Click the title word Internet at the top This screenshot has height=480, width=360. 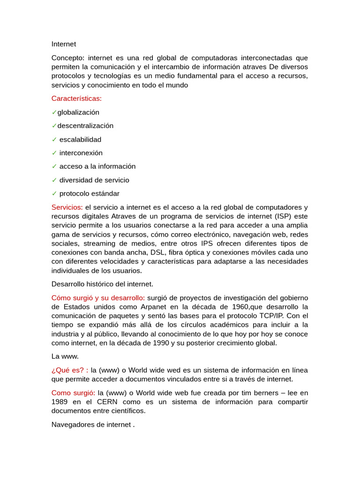point(63,44)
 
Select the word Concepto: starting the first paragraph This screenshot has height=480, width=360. point(67,58)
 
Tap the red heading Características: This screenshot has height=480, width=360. point(76,98)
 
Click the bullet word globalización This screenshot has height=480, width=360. point(78,112)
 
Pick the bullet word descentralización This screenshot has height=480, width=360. point(85,126)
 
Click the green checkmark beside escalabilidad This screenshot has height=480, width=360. point(54,140)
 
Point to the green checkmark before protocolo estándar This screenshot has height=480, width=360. point(54,194)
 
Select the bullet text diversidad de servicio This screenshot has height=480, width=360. point(94,180)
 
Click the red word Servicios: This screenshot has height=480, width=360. point(67,207)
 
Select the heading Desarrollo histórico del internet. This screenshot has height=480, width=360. point(102,284)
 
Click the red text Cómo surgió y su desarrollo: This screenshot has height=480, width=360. point(98,298)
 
